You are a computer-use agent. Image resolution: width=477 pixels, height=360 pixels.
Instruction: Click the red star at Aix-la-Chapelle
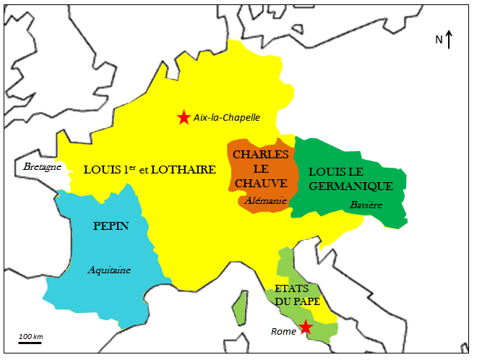coord(184,117)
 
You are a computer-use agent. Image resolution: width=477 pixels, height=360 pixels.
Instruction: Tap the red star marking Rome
coord(306,327)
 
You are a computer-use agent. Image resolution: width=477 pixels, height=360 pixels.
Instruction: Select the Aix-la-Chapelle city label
coord(226,117)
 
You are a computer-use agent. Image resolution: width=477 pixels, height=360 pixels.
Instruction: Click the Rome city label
coord(283,332)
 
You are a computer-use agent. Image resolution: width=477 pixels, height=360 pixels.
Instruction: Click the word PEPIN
coord(111,226)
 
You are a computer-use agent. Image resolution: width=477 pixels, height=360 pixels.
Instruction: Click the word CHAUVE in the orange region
coord(262,183)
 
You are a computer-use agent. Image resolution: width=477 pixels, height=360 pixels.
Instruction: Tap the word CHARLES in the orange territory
coord(261,155)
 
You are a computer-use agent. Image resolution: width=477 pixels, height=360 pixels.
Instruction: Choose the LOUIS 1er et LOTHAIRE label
coord(150,171)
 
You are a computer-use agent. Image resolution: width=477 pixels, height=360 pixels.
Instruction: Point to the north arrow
coord(450,39)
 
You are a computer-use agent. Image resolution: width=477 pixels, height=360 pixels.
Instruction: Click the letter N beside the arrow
coord(439,40)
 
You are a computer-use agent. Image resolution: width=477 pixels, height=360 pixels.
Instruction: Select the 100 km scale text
coord(30,337)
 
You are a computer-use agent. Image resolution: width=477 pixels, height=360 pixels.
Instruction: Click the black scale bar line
coord(30,343)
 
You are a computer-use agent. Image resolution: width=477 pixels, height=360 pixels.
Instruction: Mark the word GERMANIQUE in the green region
coord(351,187)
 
